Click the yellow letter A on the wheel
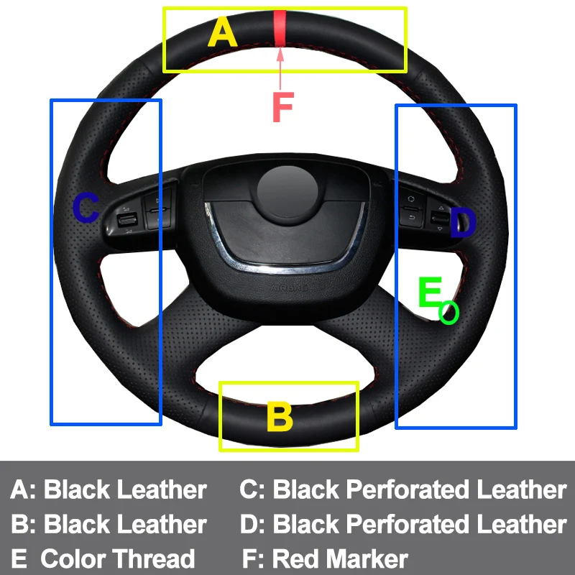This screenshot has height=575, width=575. point(222,32)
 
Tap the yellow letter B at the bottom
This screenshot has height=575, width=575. point(280,417)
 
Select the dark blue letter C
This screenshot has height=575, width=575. point(86,208)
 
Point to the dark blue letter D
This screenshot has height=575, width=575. point(463,224)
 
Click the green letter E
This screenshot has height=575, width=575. point(429,293)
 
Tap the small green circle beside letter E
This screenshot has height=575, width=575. point(449,313)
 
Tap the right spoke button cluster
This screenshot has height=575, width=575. point(424,210)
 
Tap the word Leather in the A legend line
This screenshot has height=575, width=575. point(162,490)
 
